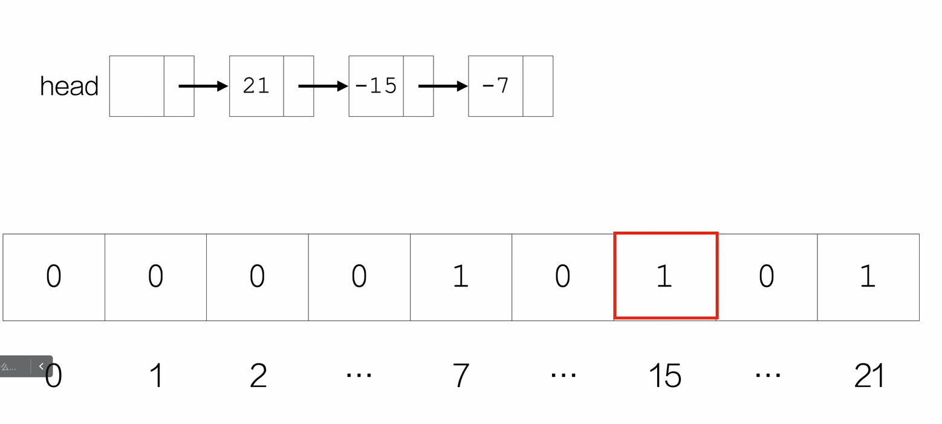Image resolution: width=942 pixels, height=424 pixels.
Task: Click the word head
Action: (69, 86)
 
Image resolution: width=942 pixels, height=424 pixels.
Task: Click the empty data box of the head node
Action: (137, 86)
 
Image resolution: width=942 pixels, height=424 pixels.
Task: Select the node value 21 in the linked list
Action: (256, 86)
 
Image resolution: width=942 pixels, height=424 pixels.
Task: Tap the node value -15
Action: (375, 86)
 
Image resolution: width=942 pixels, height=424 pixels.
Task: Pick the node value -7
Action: (495, 86)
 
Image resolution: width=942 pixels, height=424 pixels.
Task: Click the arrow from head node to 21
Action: (203, 86)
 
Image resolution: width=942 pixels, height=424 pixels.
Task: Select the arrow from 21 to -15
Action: (323, 86)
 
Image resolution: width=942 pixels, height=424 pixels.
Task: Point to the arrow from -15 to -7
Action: (443, 86)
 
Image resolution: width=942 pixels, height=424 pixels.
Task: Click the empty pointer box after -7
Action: (538, 86)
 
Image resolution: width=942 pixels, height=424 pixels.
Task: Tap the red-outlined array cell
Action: (666, 276)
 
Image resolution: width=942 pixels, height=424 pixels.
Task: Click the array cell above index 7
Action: (461, 276)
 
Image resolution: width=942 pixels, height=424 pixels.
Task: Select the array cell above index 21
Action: (868, 276)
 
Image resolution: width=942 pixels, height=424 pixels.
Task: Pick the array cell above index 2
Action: (258, 276)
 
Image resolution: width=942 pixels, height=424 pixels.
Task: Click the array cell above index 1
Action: (155, 276)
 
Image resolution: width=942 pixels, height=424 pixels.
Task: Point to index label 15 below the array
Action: (665, 376)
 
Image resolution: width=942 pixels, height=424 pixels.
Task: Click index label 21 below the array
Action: (869, 376)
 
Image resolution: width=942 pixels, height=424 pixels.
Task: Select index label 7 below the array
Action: (461, 376)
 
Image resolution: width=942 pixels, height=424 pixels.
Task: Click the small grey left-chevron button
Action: (41, 366)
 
